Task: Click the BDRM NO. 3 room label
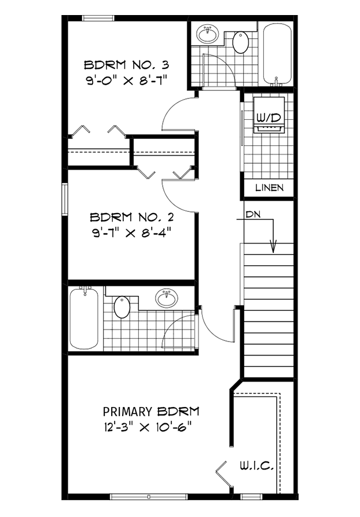[x=126, y=64]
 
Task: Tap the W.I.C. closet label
[x=255, y=465]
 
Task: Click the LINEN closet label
[x=269, y=188]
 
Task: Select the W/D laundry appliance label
[x=269, y=118]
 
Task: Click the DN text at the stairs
[x=252, y=214]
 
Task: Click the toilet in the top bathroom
[x=240, y=42]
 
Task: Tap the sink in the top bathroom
[x=208, y=34]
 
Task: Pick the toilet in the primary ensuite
[x=122, y=307]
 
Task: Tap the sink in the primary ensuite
[x=167, y=298]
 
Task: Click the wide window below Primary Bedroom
[x=149, y=496]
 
